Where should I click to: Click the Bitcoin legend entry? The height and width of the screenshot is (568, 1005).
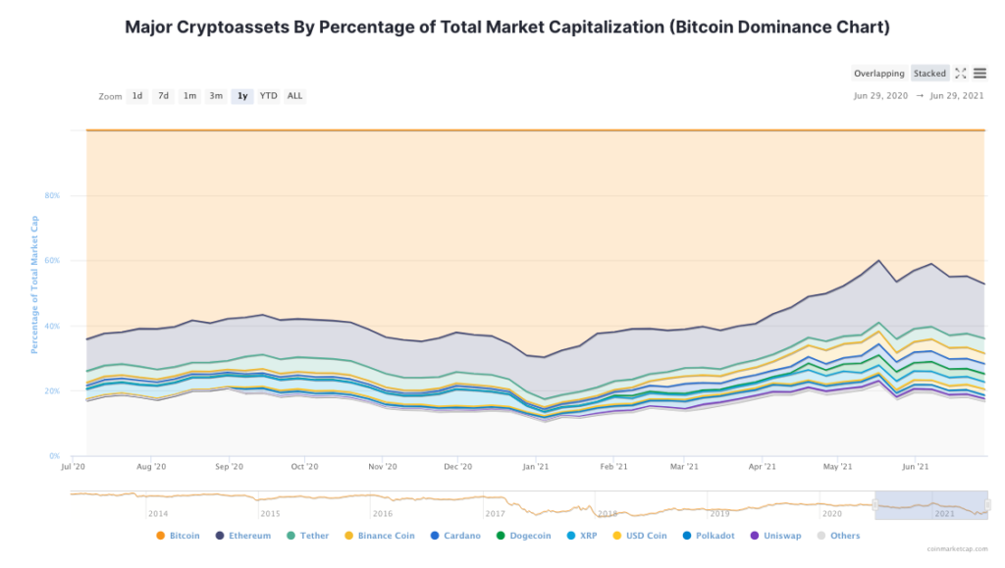[x=178, y=536]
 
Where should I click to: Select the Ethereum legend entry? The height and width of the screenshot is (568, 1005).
[x=242, y=536]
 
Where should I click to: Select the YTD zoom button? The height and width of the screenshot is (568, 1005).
[x=268, y=96]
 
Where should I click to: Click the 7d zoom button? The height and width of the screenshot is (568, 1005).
[x=164, y=96]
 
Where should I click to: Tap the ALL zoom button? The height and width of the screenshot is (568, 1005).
[x=294, y=96]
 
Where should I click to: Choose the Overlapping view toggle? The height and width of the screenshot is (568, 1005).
[x=879, y=74]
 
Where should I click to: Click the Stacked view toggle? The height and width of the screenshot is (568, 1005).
[x=929, y=74]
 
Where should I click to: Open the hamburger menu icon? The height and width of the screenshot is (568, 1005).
[x=979, y=74]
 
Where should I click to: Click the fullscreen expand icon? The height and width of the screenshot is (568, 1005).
[x=961, y=74]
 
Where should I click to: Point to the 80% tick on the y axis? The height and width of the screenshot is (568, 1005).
[x=51, y=196]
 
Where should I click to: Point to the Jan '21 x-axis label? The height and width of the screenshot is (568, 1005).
[x=535, y=468]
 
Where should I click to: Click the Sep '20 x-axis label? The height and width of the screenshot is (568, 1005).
[x=230, y=468]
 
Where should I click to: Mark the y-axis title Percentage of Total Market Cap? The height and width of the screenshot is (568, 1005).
[x=34, y=285]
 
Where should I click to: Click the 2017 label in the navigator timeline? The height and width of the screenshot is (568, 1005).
[x=495, y=513]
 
